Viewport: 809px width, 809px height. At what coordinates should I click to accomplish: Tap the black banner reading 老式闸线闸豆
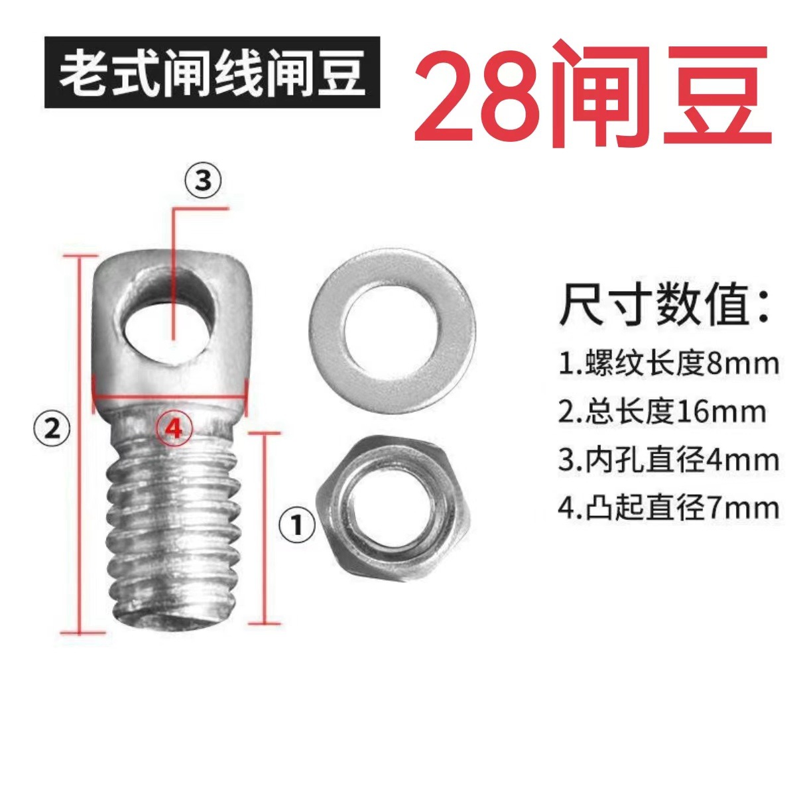[212, 73]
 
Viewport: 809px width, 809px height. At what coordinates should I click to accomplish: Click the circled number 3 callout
[202, 182]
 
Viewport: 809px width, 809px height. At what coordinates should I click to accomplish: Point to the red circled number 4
[173, 428]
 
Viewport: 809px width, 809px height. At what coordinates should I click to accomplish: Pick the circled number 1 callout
[296, 526]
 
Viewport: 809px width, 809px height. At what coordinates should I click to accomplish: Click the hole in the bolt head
[169, 322]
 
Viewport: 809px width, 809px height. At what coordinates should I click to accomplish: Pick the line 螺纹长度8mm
[668, 364]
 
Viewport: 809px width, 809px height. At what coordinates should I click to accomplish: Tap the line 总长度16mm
[662, 412]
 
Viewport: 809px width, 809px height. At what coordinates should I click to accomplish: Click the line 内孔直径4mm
[668, 461]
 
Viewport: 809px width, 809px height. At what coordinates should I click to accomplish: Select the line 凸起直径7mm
[668, 509]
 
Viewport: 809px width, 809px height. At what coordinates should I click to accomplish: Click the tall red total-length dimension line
[80, 444]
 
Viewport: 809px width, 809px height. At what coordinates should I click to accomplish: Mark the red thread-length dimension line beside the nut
[265, 527]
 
